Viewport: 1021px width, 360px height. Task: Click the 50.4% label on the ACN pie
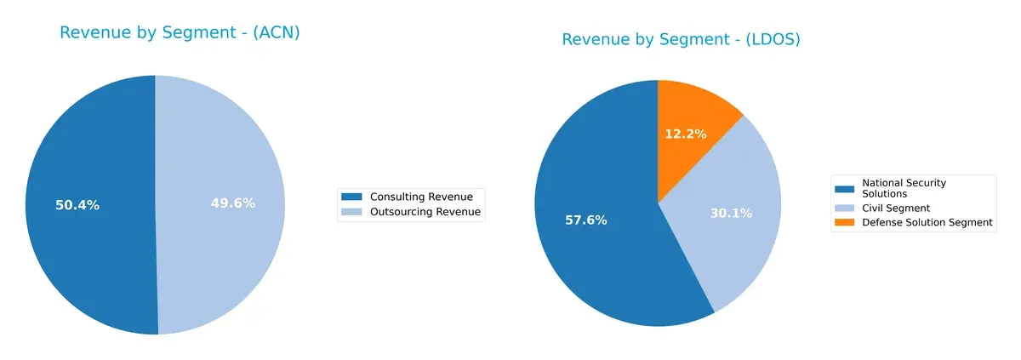point(77,205)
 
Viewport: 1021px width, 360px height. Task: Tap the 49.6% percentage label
point(233,203)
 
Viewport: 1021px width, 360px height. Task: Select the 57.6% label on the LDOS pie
point(585,220)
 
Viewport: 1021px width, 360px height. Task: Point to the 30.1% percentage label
point(731,214)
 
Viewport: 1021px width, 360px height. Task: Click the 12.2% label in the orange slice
point(685,134)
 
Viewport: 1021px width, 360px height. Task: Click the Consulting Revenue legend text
point(421,197)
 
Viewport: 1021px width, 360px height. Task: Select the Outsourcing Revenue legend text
point(425,212)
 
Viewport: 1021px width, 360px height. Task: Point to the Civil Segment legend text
point(896,208)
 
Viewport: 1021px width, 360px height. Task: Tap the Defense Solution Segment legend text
point(927,222)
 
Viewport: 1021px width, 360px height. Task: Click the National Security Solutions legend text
point(904,188)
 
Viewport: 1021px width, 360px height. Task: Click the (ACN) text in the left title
point(271,33)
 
